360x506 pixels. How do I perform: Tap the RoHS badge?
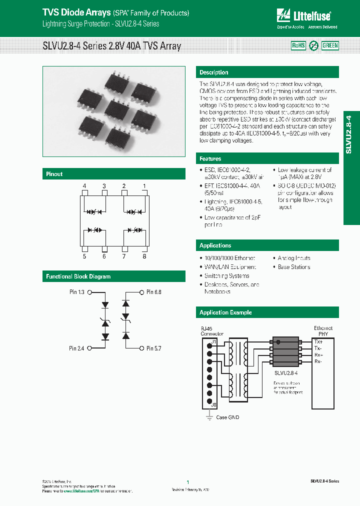tap(298, 45)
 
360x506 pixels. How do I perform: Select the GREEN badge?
tap(330, 45)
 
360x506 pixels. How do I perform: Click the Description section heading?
tap(213, 72)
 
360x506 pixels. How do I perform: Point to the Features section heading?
tap(210, 158)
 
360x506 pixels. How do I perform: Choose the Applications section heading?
tap(215, 245)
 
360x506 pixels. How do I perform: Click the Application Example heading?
tap(225, 312)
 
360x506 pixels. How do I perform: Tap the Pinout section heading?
tap(54, 174)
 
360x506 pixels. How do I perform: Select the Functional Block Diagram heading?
tap(78, 276)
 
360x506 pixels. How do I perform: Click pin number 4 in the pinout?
tap(84, 186)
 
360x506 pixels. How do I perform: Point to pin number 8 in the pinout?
tap(144, 256)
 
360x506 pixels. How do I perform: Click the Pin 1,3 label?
tap(77, 291)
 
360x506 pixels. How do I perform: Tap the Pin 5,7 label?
tap(153, 348)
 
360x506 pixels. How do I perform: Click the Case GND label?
tap(228, 417)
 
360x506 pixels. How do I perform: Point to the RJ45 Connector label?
tap(212, 330)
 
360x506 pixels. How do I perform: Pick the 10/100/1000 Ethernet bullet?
tap(229, 258)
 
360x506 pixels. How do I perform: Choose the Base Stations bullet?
tap(293, 267)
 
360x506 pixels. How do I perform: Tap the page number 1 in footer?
tap(187, 482)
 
